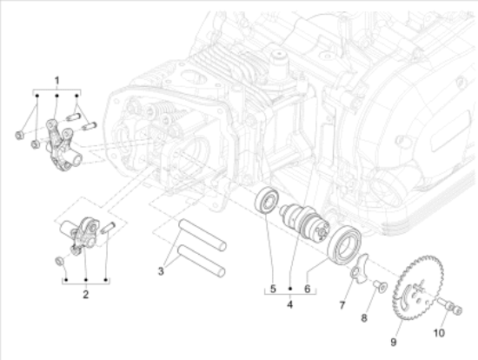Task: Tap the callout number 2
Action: point(86,295)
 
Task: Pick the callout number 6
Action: point(306,289)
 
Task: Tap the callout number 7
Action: point(342,305)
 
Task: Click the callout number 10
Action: point(439,330)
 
